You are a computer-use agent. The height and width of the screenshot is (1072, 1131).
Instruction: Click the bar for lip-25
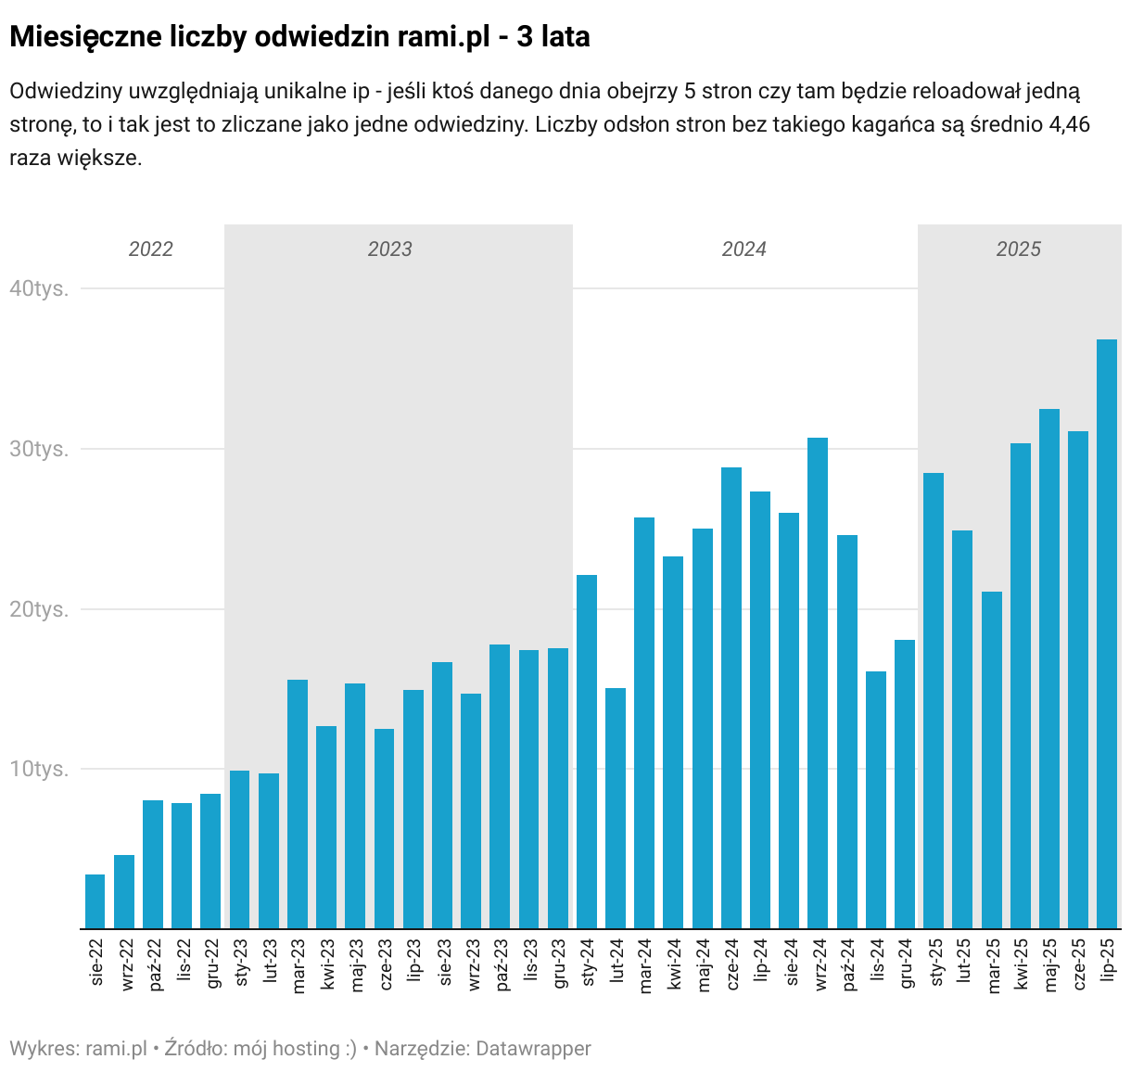point(1107,634)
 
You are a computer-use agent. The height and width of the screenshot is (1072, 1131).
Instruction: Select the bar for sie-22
point(95,901)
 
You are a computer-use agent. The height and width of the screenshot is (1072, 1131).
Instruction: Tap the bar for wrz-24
point(818,683)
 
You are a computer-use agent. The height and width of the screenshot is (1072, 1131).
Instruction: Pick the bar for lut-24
point(616,809)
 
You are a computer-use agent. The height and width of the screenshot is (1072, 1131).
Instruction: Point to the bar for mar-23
point(298,804)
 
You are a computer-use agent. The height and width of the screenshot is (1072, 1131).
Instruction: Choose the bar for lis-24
point(876,800)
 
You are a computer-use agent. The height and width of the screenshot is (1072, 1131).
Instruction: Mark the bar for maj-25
point(1049,669)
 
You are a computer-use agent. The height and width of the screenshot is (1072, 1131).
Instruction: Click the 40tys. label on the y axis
point(39,288)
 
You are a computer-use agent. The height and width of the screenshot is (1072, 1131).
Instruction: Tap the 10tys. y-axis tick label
point(39,770)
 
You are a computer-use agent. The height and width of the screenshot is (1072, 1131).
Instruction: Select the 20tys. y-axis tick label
point(39,609)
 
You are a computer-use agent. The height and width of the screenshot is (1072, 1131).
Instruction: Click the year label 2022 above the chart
point(151,249)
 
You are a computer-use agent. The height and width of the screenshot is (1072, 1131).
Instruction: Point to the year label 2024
point(744,249)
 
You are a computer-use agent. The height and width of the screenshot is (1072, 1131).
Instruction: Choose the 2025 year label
point(1019,249)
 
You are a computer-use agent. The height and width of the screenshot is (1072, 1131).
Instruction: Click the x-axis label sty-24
point(588,965)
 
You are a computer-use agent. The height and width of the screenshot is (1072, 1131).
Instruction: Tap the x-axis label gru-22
point(212,965)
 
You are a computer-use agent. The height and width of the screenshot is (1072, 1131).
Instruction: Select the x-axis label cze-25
point(1078,965)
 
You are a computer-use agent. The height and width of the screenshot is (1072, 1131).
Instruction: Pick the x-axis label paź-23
point(502,965)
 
